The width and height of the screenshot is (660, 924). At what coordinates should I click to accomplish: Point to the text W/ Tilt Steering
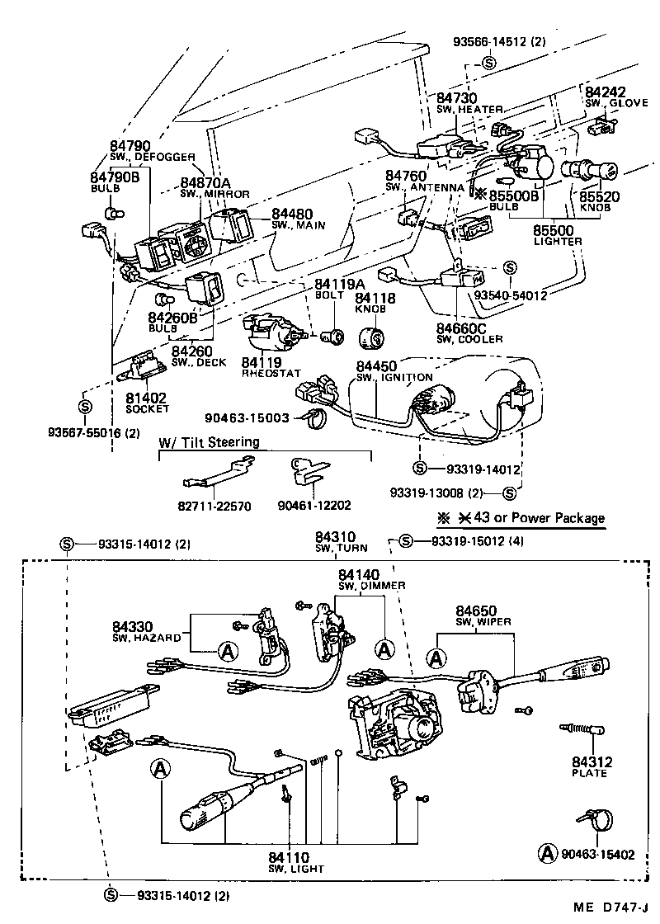pyautogui.click(x=209, y=442)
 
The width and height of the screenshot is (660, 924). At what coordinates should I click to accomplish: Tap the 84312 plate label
pyautogui.click(x=588, y=762)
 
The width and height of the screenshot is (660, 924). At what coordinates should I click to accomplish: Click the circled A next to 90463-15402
pyautogui.click(x=545, y=852)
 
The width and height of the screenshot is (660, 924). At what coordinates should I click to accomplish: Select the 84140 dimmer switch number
pyautogui.click(x=359, y=574)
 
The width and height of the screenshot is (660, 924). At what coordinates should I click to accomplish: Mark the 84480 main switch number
pyautogui.click(x=293, y=213)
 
